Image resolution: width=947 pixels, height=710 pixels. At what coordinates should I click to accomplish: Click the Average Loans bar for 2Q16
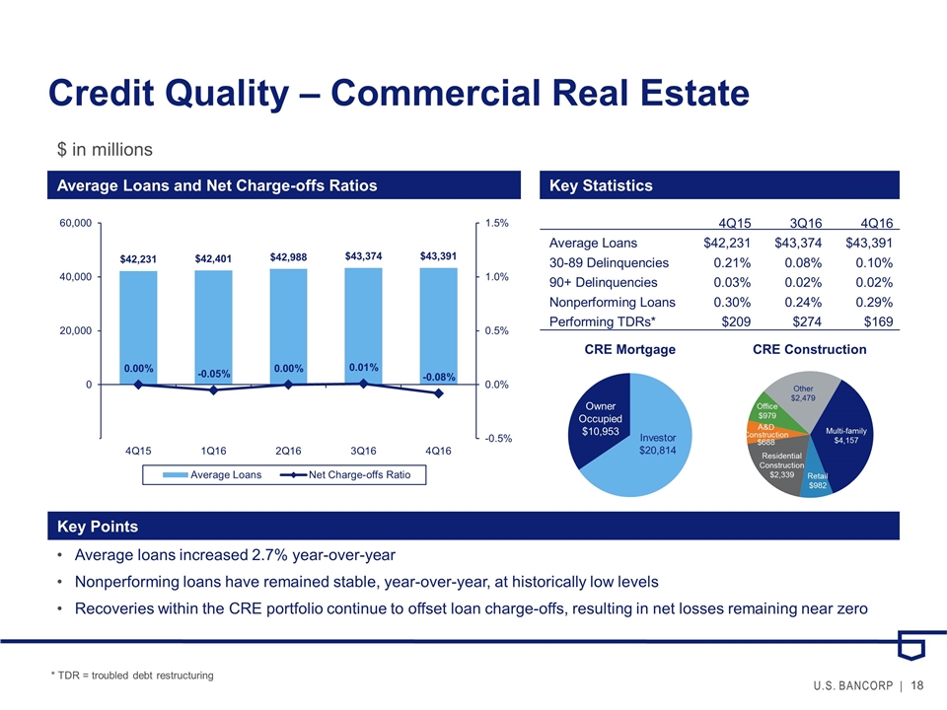(288, 325)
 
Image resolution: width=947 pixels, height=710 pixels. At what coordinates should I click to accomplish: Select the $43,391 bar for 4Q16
(438, 325)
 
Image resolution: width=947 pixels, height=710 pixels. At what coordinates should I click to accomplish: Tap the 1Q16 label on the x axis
(213, 451)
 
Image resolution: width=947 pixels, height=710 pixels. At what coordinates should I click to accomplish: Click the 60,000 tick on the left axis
(76, 224)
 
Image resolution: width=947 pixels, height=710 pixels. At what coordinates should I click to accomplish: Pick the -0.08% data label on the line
(438, 376)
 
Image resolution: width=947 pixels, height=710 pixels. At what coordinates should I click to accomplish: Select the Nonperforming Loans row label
(612, 302)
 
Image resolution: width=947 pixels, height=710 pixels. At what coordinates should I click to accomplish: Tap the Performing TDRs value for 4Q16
(876, 321)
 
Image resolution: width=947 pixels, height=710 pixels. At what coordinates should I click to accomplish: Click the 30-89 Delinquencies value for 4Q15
(731, 262)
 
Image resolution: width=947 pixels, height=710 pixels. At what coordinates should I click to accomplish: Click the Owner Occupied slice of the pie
(599, 419)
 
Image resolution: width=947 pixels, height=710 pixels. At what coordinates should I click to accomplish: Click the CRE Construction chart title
(809, 349)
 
